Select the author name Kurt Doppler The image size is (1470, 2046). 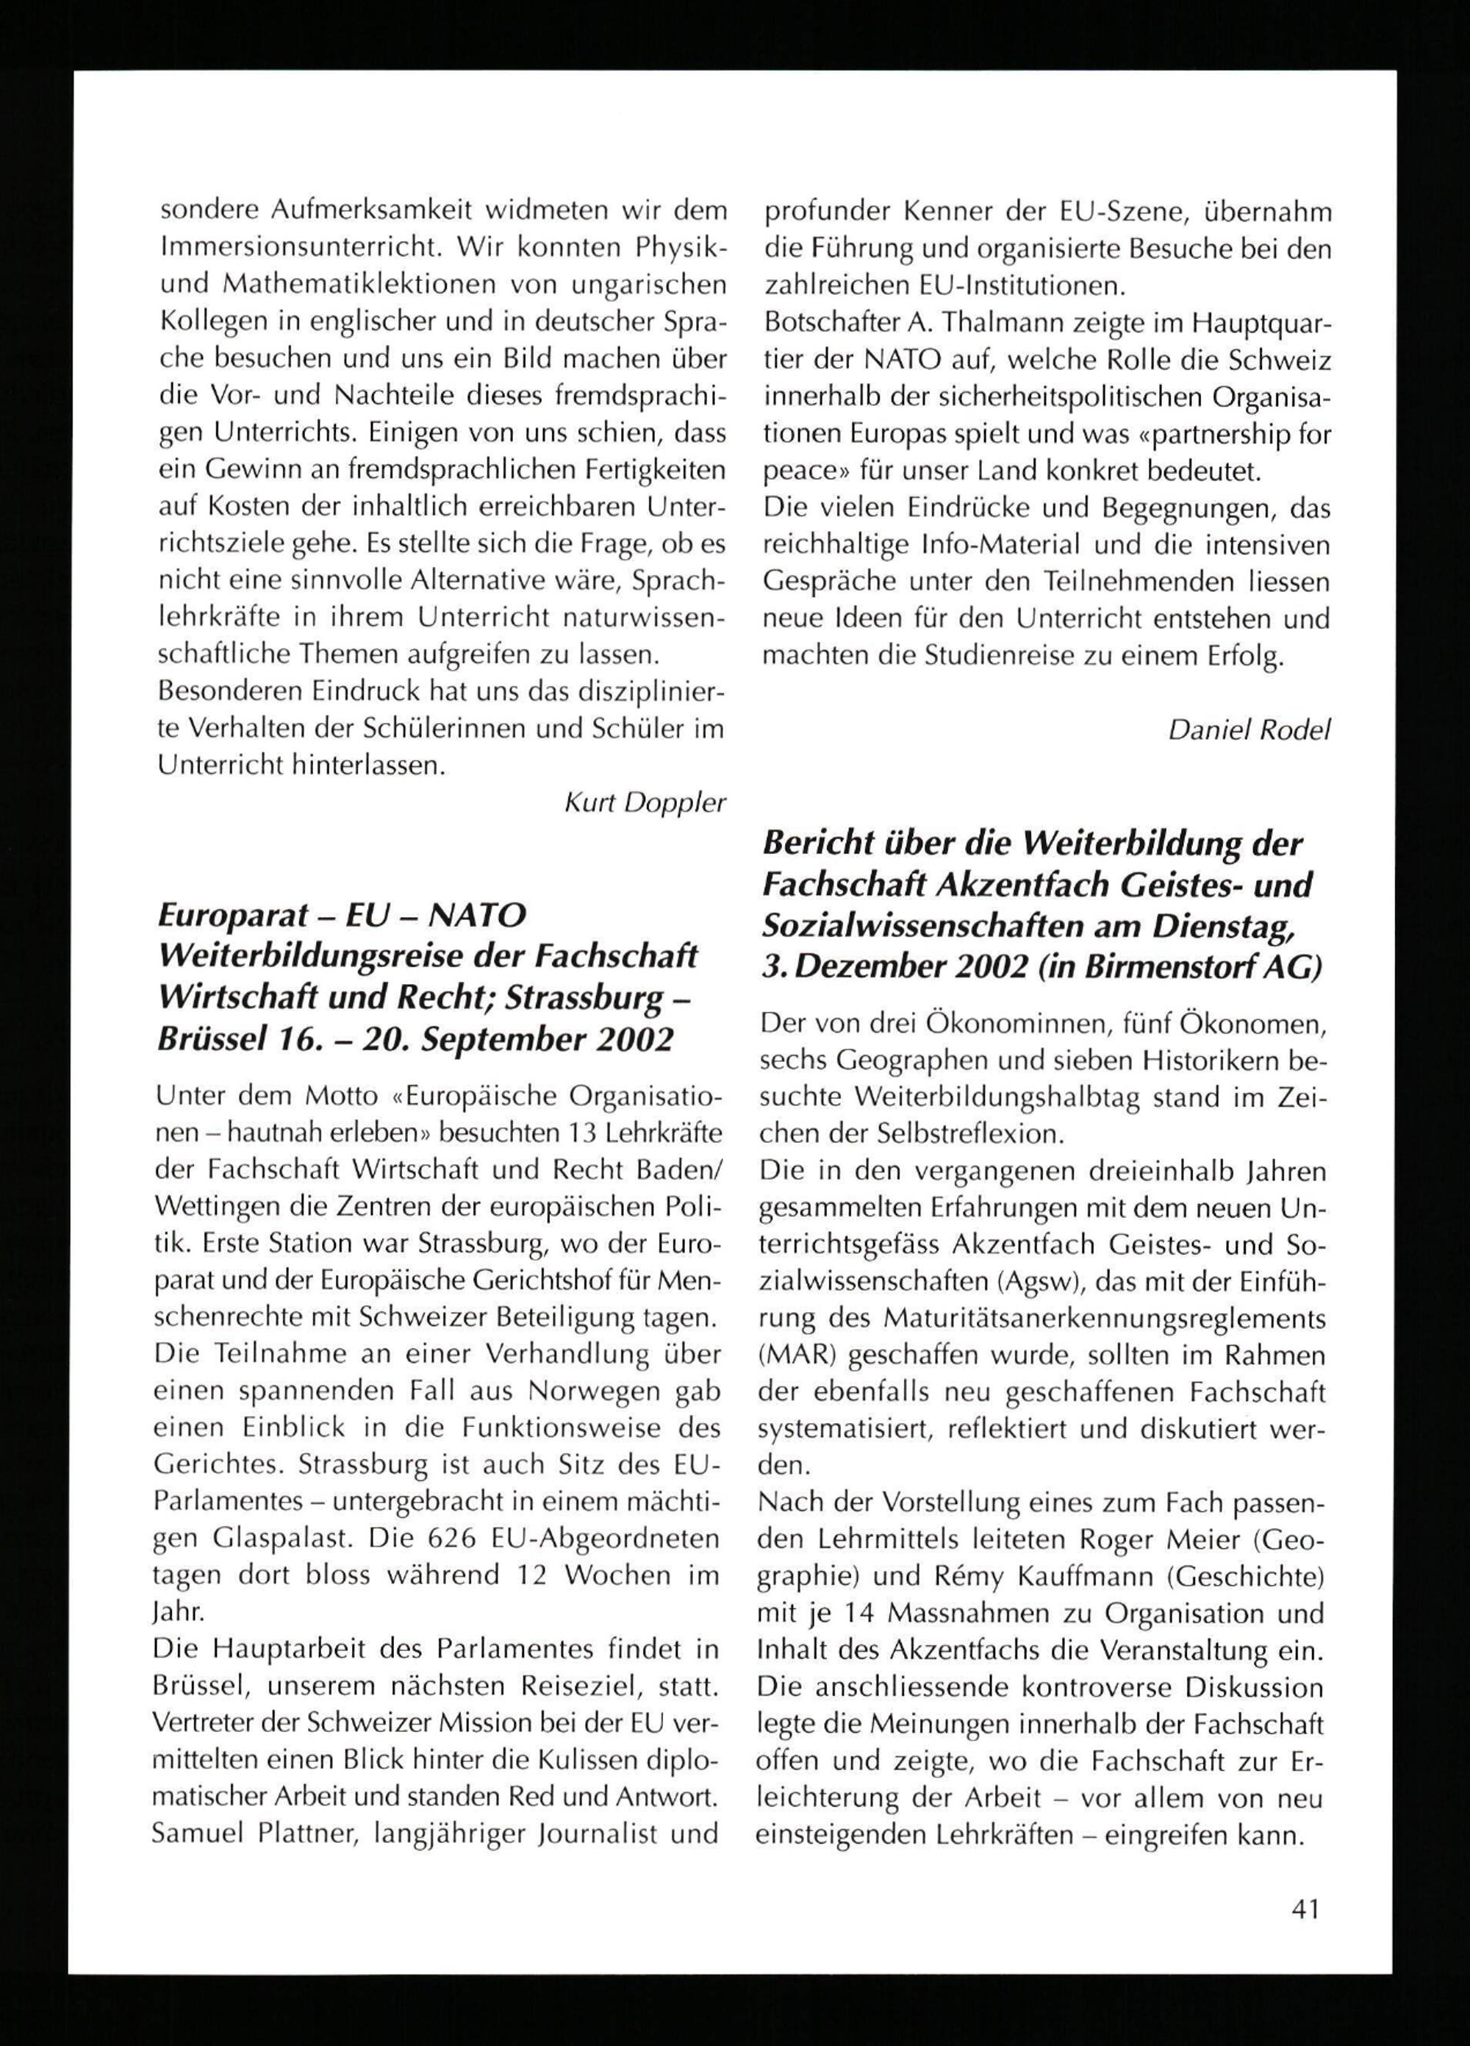point(645,803)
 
